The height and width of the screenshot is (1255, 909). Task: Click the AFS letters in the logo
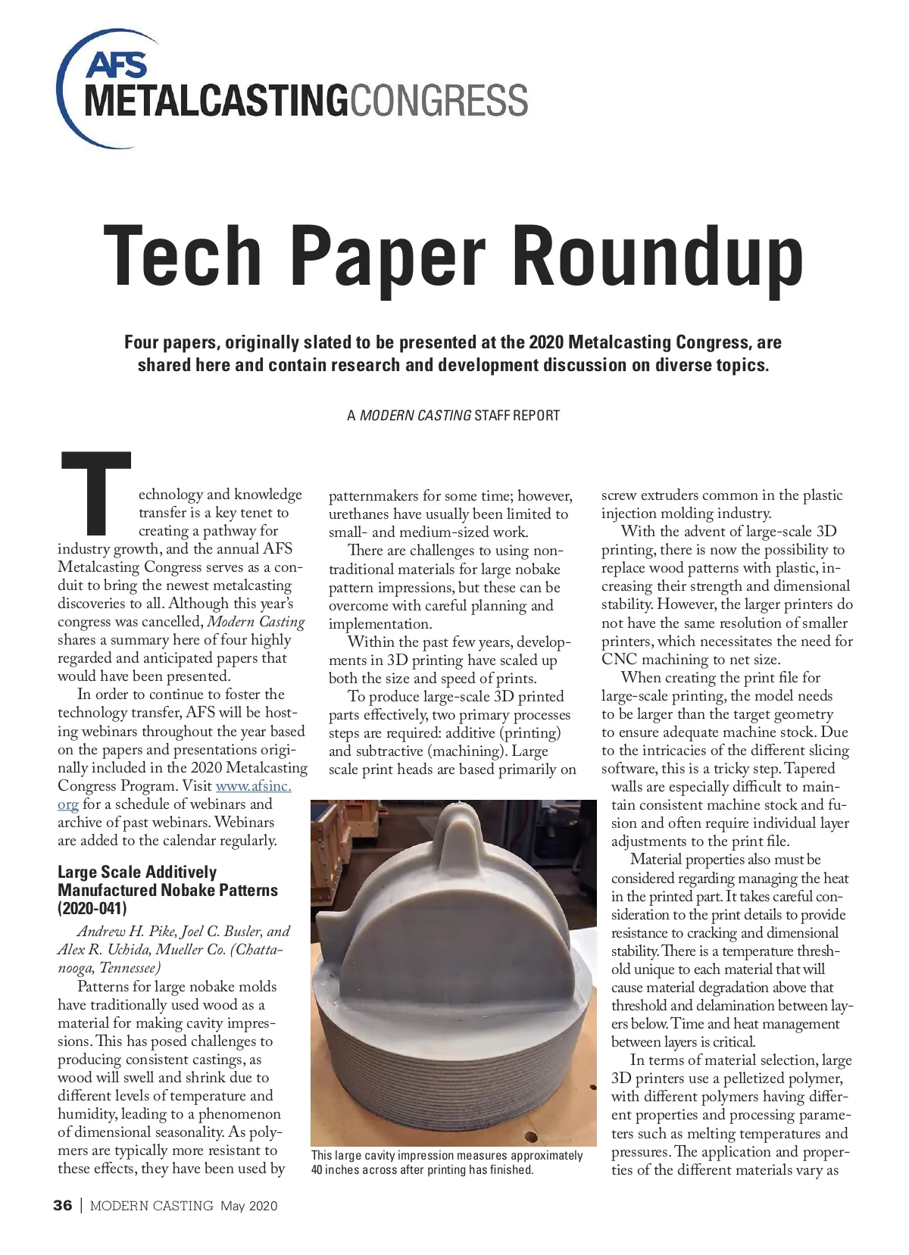117,66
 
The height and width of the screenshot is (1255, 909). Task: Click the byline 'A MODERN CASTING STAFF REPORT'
453,415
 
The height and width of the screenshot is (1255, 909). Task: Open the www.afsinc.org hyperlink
253,786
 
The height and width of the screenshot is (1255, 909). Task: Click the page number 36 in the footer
63,1206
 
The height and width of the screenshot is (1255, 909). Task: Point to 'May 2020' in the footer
249,1206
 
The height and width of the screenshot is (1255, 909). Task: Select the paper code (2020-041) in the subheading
92,908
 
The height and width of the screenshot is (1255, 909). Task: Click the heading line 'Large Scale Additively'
137,872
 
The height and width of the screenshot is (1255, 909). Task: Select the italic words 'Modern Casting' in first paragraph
256,622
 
